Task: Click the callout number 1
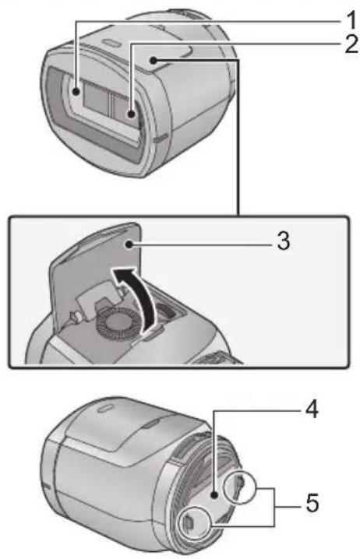pos(351,20)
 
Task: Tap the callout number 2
pos(351,44)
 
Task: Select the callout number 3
pos(284,241)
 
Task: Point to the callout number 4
pos(312,409)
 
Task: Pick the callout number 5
pos(312,503)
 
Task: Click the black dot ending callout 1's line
pos(76,92)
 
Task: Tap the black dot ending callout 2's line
pos(132,114)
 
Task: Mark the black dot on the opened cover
pos(128,244)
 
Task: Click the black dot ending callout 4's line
pos(214,495)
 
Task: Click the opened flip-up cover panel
pos(94,271)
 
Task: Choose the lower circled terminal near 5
pos(195,522)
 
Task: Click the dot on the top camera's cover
pos(154,61)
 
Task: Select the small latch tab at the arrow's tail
pos(153,334)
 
